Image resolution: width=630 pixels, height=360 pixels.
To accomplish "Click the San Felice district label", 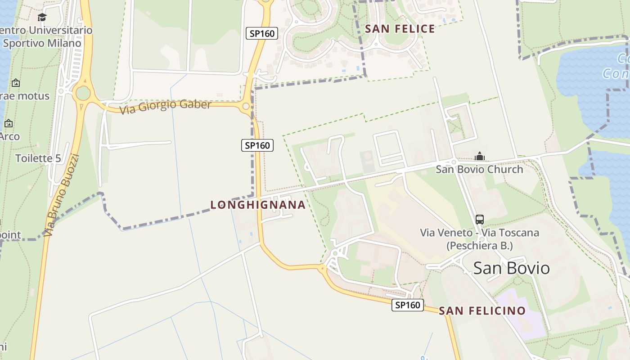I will click(x=400, y=29).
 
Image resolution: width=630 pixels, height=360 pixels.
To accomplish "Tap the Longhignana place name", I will click(x=258, y=205).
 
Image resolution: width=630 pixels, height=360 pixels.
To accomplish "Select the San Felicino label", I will click(x=482, y=311).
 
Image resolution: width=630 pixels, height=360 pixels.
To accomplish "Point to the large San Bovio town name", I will click(x=511, y=268).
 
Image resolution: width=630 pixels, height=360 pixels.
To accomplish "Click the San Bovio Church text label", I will click(x=479, y=170).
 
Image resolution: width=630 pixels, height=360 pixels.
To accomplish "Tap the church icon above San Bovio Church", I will click(x=480, y=156).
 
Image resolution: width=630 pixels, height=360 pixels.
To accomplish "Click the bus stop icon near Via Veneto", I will click(x=480, y=220).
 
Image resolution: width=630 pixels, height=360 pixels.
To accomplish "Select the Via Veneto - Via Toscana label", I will click(x=479, y=239).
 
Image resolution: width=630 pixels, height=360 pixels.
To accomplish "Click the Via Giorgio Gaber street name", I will click(x=165, y=106).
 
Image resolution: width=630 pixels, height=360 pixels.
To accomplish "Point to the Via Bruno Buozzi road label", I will click(x=62, y=194).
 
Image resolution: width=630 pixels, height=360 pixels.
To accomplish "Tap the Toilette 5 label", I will click(x=38, y=158).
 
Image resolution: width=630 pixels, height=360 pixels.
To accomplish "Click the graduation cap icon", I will click(x=42, y=18).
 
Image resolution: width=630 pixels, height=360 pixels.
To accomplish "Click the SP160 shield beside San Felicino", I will click(x=408, y=305).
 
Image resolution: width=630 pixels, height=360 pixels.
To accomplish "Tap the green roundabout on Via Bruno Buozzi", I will click(x=83, y=94).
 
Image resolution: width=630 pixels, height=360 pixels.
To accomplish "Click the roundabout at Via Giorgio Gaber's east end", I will click(x=246, y=107).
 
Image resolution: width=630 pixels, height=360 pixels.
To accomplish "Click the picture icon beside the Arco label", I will click(x=9, y=123).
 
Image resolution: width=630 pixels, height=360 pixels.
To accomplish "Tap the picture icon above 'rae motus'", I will click(x=16, y=83).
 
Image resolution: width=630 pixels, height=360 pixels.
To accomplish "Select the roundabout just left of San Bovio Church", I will click(x=454, y=162).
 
